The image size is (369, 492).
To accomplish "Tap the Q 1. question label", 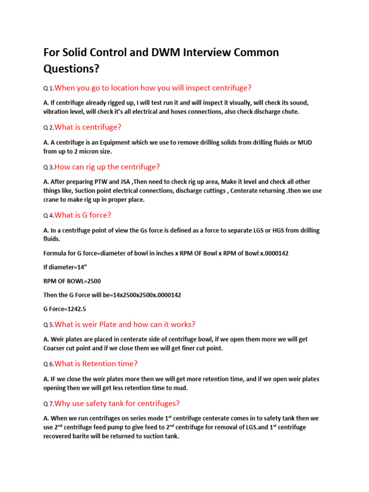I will [49, 88].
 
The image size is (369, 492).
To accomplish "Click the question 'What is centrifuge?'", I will [88, 127].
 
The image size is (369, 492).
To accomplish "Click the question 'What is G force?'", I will [83, 215].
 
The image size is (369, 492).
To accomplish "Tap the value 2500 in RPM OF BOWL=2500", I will [92, 281].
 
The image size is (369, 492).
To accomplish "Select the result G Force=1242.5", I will [65, 308].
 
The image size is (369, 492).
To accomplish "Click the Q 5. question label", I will [49, 325].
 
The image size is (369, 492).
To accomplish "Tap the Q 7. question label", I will [49, 404].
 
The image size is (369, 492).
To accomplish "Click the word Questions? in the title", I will [72, 69].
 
